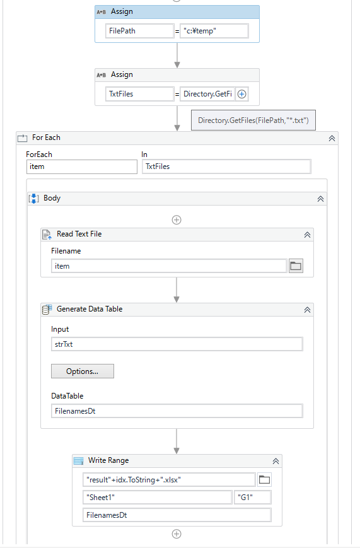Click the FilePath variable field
(x=139, y=31)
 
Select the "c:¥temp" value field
(x=214, y=31)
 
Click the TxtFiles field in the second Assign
(x=139, y=94)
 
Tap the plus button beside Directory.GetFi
(x=242, y=94)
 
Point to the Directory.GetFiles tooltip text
(x=253, y=120)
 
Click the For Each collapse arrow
(x=332, y=138)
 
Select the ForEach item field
(x=82, y=166)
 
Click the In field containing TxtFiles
(x=226, y=166)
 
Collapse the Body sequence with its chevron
(x=320, y=199)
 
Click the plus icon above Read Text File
(x=177, y=220)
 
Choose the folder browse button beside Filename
(x=296, y=266)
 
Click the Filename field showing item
(x=169, y=266)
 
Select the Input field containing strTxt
(x=177, y=344)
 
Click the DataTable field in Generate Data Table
(x=177, y=411)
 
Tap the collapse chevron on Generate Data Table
(x=307, y=310)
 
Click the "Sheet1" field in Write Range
(x=158, y=498)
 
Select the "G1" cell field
(x=252, y=498)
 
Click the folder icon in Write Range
(x=264, y=480)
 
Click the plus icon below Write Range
(x=177, y=534)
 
